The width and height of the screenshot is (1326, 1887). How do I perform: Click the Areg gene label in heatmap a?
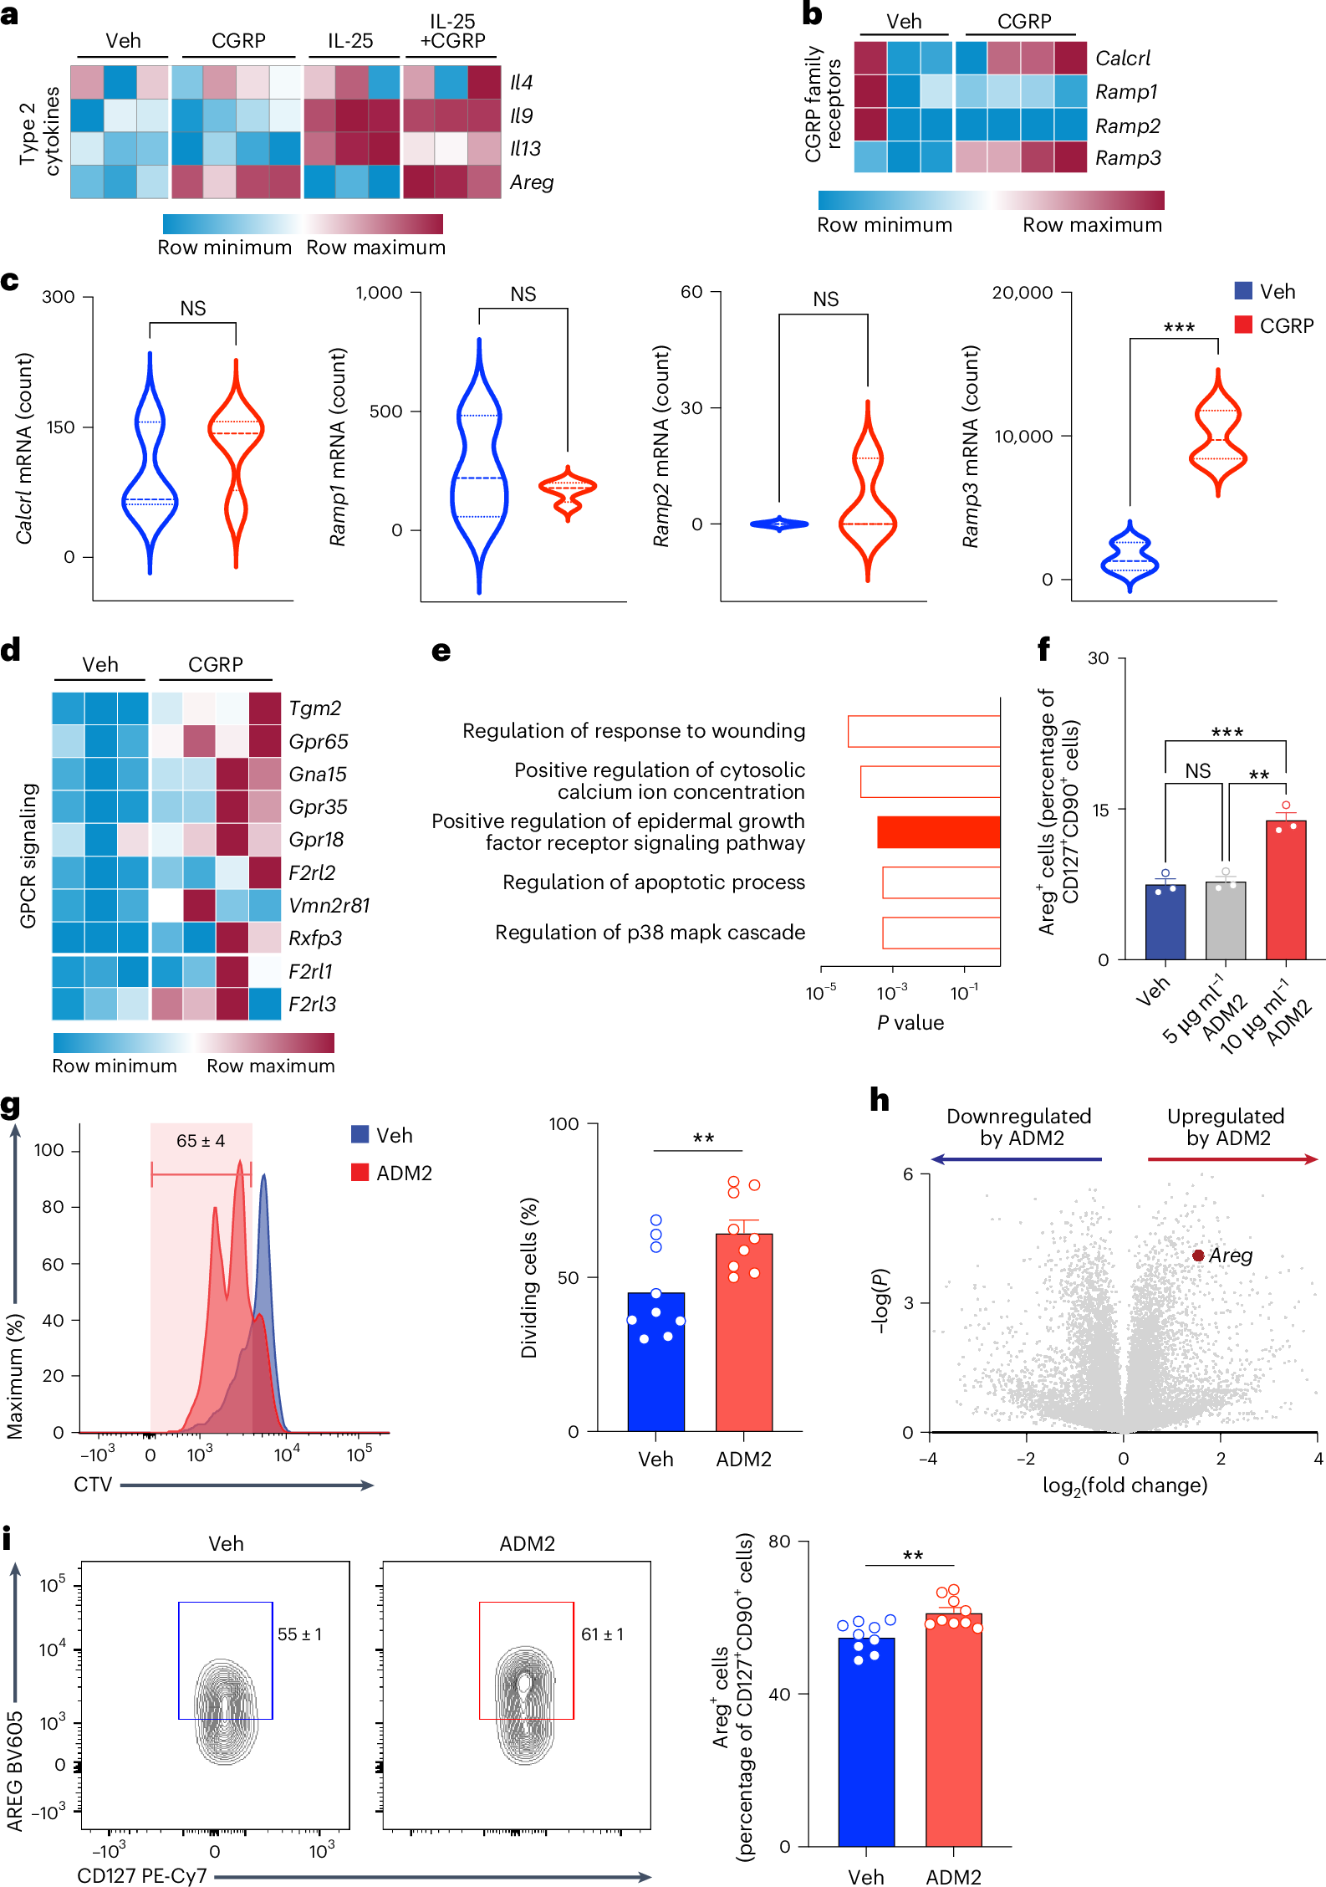pos(532,182)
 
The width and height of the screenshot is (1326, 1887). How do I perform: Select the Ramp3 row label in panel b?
pos(1127,158)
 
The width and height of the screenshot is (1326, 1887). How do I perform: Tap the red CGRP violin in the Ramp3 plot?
pos(1218,435)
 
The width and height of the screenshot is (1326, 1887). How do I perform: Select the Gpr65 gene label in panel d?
pos(318,742)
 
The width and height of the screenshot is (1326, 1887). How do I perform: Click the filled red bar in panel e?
pos(938,832)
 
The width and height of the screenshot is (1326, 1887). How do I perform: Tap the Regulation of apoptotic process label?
pos(653,882)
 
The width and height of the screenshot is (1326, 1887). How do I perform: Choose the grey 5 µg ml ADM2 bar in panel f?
pos(1226,920)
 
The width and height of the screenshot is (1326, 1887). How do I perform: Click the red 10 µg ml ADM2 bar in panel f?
pos(1286,891)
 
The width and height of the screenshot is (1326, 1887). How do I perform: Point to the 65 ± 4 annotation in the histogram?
pos(201,1141)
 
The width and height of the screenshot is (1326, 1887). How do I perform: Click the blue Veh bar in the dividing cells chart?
pos(656,1363)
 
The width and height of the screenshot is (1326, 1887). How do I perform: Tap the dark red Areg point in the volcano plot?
pos(1198,1255)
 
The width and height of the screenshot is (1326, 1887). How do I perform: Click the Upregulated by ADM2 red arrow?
pos(1232,1159)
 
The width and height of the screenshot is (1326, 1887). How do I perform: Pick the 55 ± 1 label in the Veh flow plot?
pos(299,1634)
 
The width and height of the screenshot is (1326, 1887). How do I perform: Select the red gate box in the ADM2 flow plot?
pos(526,1660)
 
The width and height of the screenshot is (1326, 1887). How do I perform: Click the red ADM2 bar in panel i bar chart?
pos(953,1731)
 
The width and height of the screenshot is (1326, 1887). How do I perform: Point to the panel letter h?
pos(879,1100)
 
